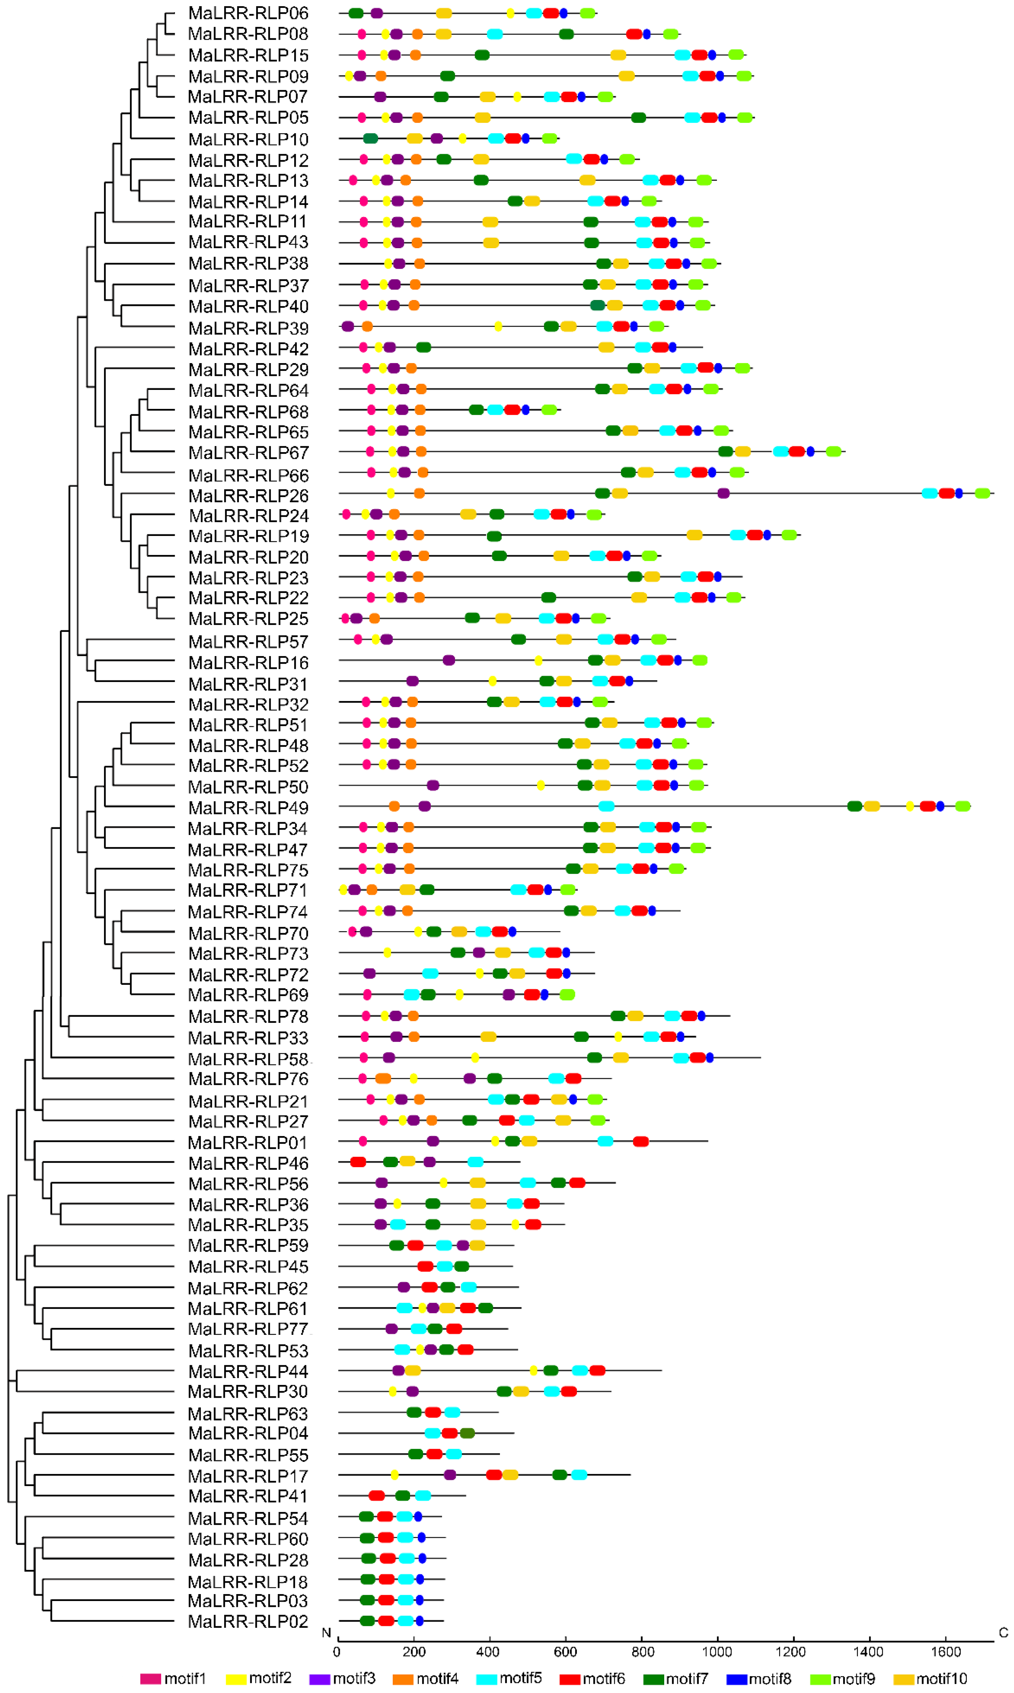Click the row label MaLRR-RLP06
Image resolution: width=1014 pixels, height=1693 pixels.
tap(248, 13)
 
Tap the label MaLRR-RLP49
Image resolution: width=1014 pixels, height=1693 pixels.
tap(248, 808)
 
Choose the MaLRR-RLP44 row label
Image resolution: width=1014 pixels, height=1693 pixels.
tap(248, 1372)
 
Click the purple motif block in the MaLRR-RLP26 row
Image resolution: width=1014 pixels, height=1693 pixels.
tap(723, 493)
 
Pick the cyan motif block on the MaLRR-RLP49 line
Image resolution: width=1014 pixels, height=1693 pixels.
tap(606, 806)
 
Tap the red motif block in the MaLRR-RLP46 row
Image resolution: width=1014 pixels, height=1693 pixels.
tap(358, 1162)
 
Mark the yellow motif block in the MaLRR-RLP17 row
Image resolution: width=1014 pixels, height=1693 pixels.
tap(394, 1475)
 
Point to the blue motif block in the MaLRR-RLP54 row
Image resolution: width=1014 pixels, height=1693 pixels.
tap(418, 1517)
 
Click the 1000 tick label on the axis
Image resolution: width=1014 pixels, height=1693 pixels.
tap(718, 1652)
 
